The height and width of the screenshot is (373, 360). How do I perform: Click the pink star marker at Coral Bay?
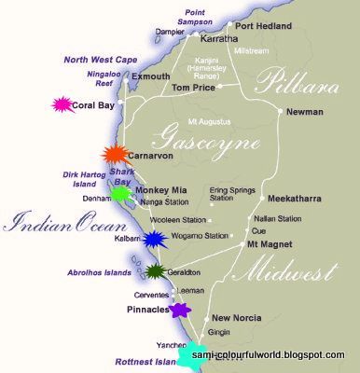pos(62,105)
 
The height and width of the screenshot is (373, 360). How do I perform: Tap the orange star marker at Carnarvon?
pos(114,155)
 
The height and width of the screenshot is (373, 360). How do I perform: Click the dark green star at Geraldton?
pos(156,271)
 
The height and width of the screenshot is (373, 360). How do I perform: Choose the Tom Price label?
pos(192,89)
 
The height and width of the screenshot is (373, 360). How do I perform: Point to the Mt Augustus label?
pos(211,121)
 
